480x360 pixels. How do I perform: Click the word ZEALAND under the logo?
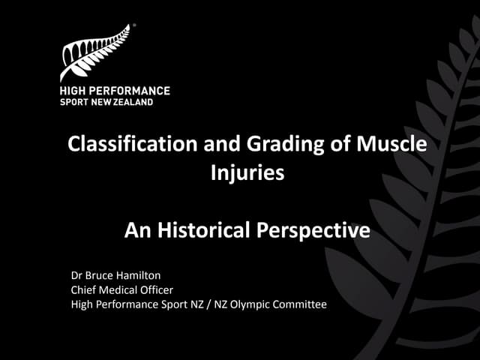133,102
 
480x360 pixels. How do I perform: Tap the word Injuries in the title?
247,172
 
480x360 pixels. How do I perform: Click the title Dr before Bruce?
76,275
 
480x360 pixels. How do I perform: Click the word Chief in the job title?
84,289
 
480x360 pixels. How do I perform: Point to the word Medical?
121,289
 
